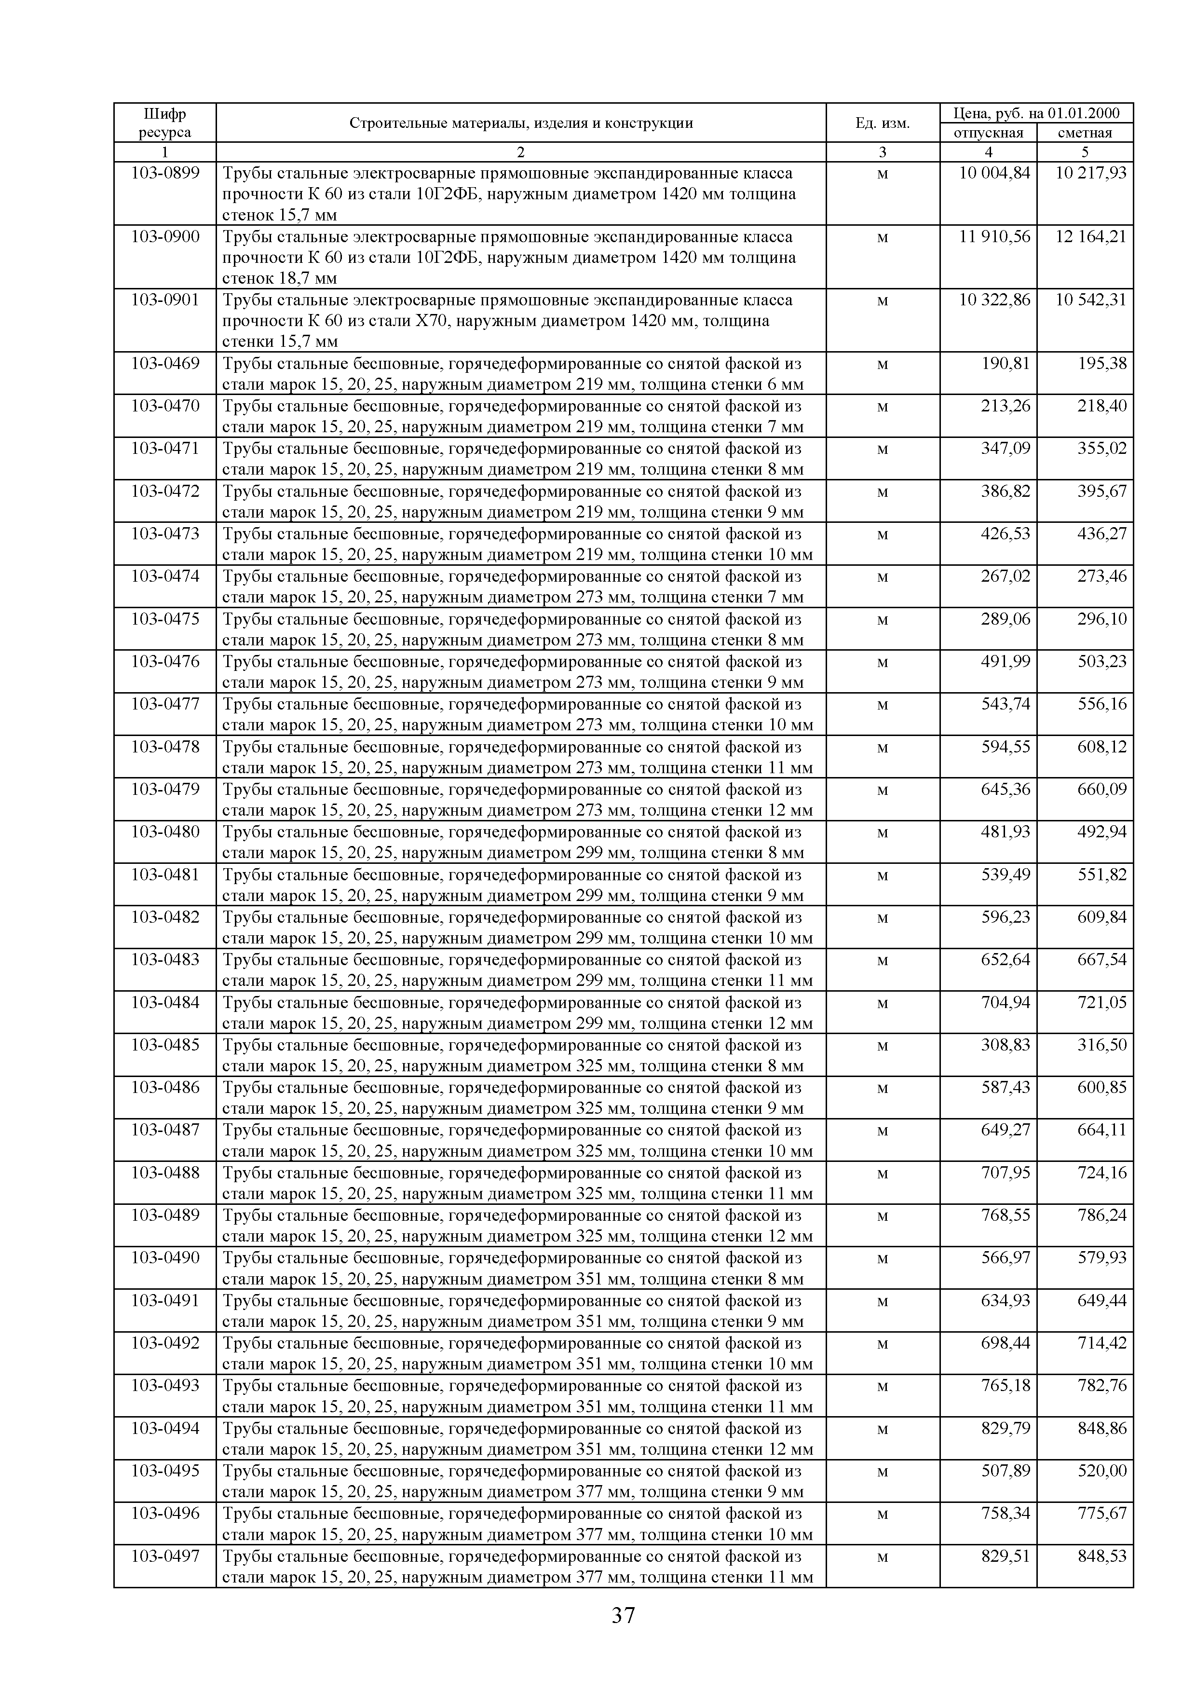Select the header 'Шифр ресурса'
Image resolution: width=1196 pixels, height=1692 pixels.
coord(164,123)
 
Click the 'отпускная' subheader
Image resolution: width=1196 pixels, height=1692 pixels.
coord(988,133)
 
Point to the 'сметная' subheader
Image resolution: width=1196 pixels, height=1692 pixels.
coord(1084,133)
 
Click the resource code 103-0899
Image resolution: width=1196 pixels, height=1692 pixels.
coord(164,173)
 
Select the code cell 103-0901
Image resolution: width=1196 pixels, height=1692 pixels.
coord(164,300)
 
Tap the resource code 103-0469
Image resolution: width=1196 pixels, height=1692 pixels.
coord(164,363)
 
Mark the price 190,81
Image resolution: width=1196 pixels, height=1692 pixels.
coord(1005,363)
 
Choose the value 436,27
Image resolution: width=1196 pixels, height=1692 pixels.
coord(1101,533)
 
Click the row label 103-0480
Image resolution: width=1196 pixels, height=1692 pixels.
coord(164,832)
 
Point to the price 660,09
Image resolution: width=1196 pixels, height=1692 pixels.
coord(1101,789)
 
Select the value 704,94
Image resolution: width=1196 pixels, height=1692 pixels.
coord(1005,1002)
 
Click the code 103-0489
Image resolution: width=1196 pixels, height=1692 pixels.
coord(164,1215)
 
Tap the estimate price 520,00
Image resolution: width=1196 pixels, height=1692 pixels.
coord(1101,1471)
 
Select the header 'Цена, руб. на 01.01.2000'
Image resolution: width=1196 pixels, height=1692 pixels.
coord(1036,113)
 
